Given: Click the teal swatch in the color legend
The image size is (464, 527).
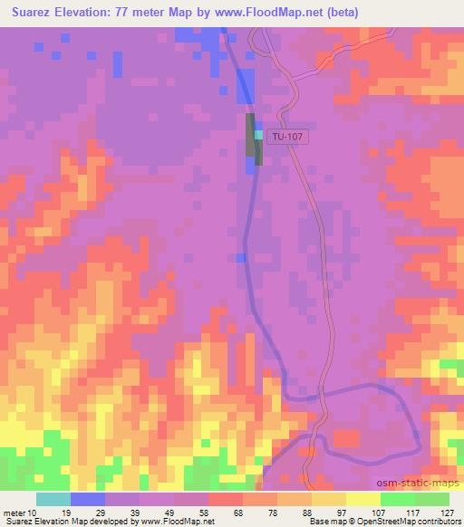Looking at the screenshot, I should (53, 499).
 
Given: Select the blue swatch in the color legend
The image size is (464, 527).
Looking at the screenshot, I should (88, 499).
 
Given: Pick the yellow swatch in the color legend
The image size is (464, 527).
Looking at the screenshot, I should (362, 499).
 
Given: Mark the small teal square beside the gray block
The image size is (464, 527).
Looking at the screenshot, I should (259, 135).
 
